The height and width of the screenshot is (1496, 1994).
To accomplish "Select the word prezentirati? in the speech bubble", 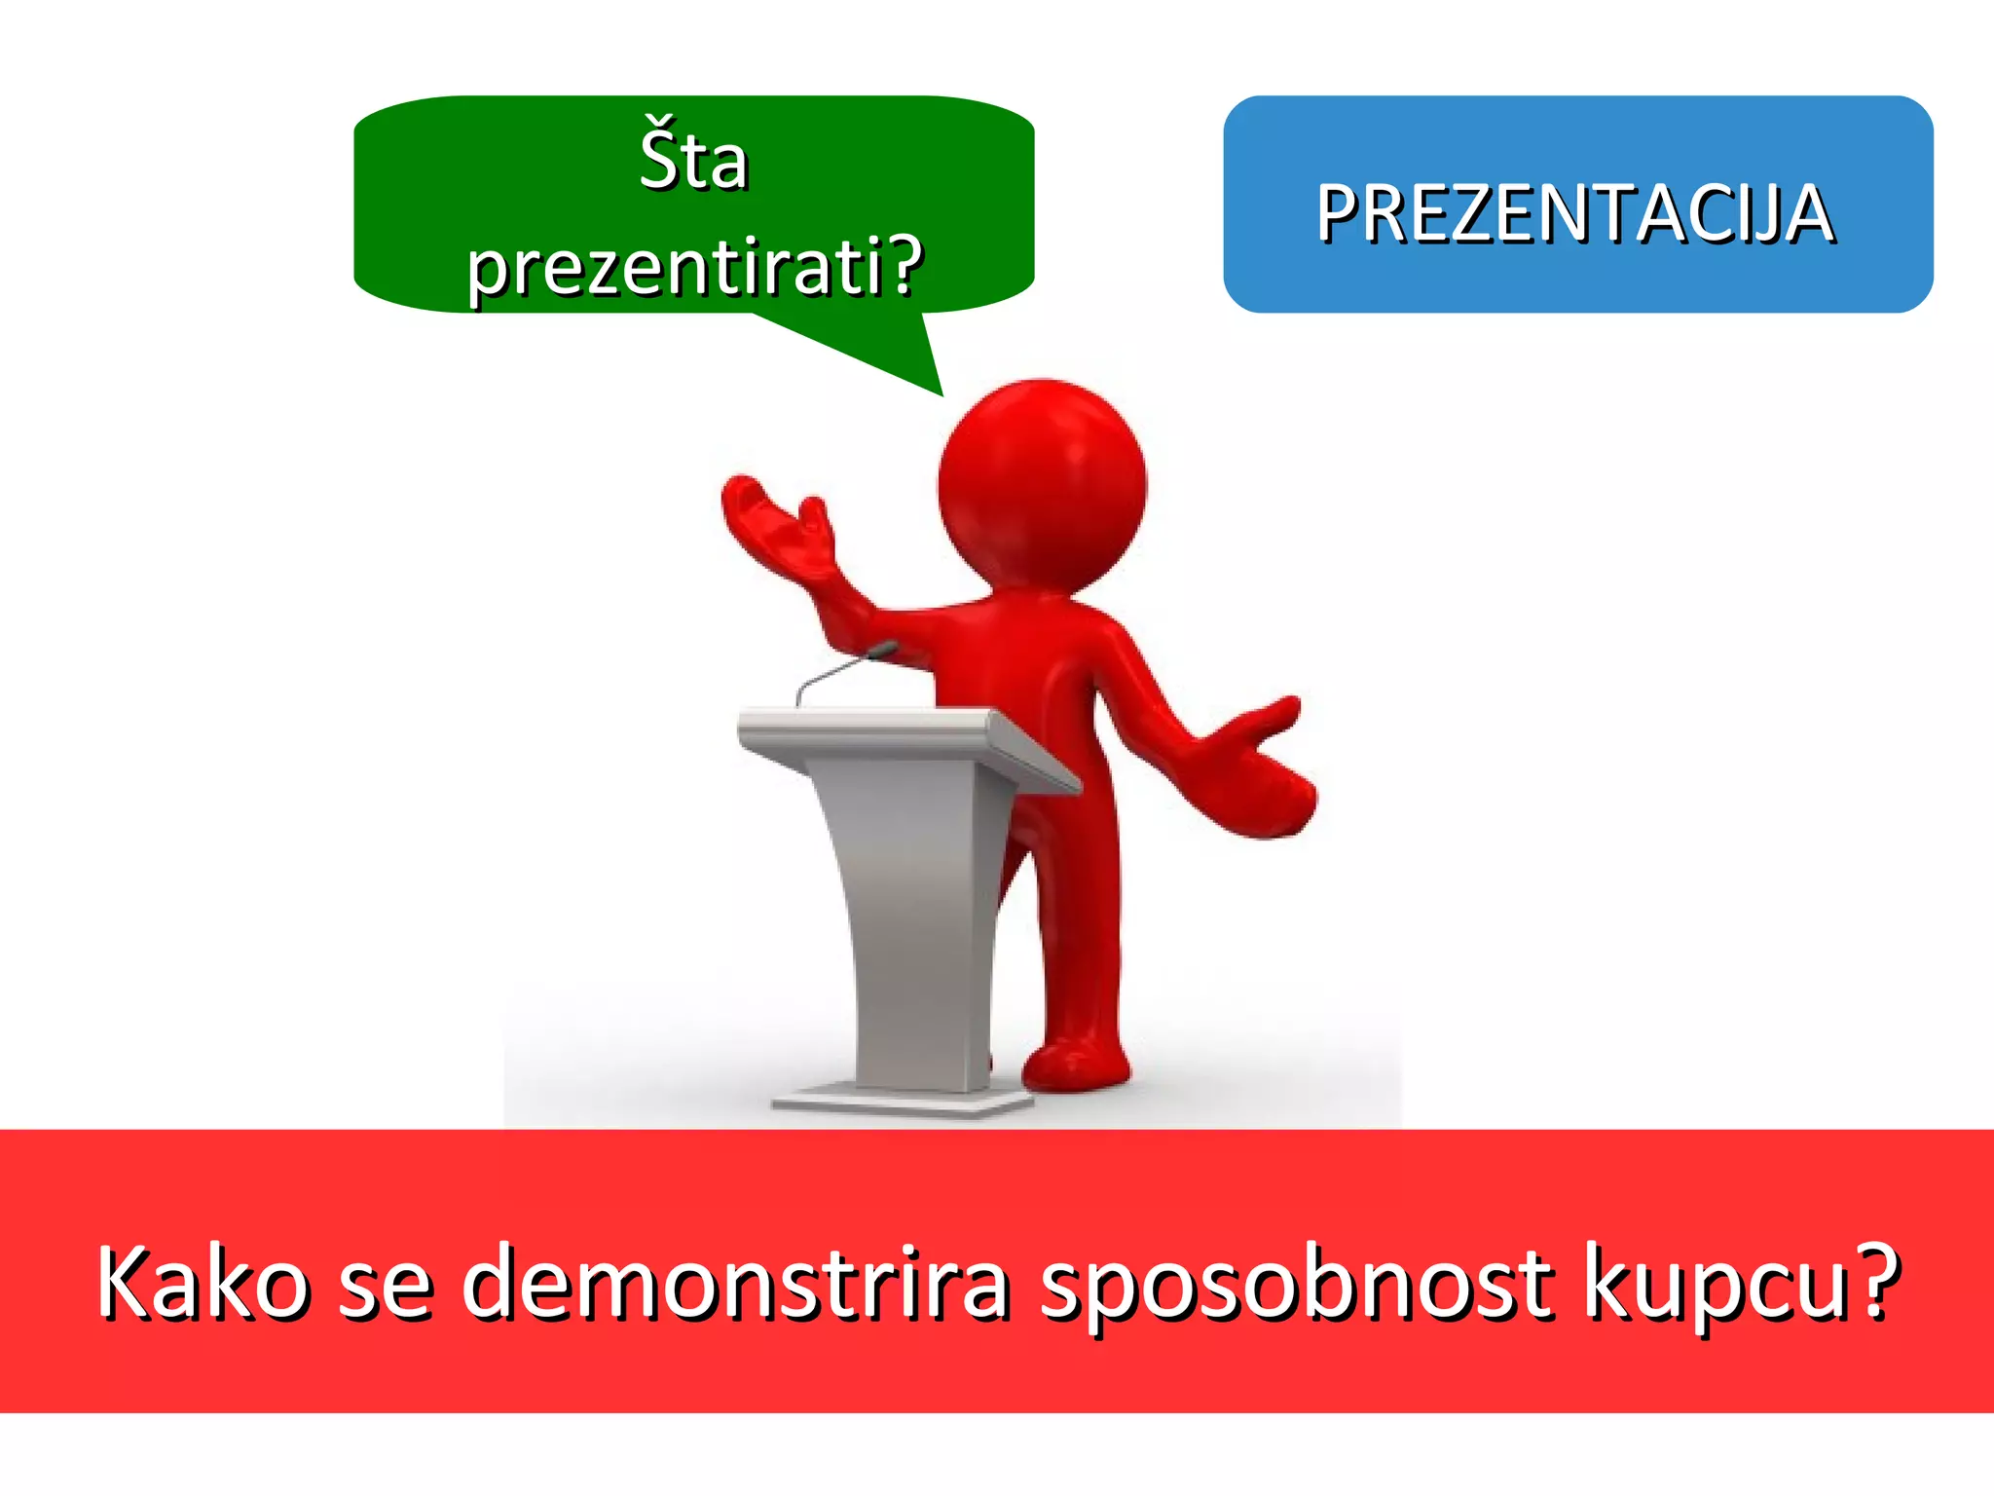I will click(693, 267).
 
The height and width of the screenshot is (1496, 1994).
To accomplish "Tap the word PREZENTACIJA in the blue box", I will click(1575, 213).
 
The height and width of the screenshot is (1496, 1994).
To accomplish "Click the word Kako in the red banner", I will click(203, 1284).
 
